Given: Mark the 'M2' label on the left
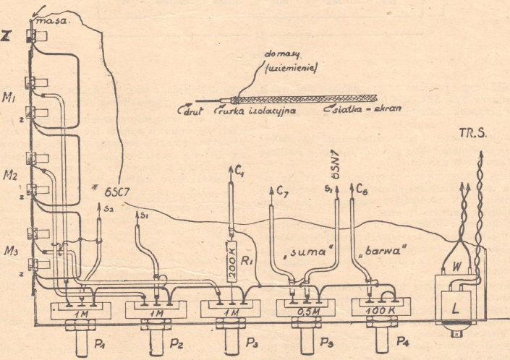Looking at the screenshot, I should (x=10, y=175).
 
